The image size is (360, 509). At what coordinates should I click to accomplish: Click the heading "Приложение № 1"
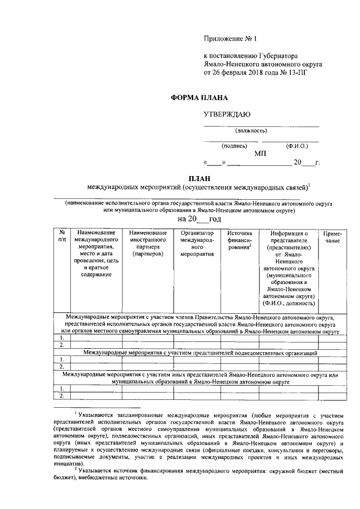pos(229,39)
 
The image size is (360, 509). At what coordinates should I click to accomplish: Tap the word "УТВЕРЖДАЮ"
pos(227,115)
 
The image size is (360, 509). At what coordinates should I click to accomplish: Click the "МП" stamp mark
pos(260,153)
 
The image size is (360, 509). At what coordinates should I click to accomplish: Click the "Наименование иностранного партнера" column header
pos(148,244)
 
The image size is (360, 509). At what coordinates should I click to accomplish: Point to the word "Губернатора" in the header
pos(282,56)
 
